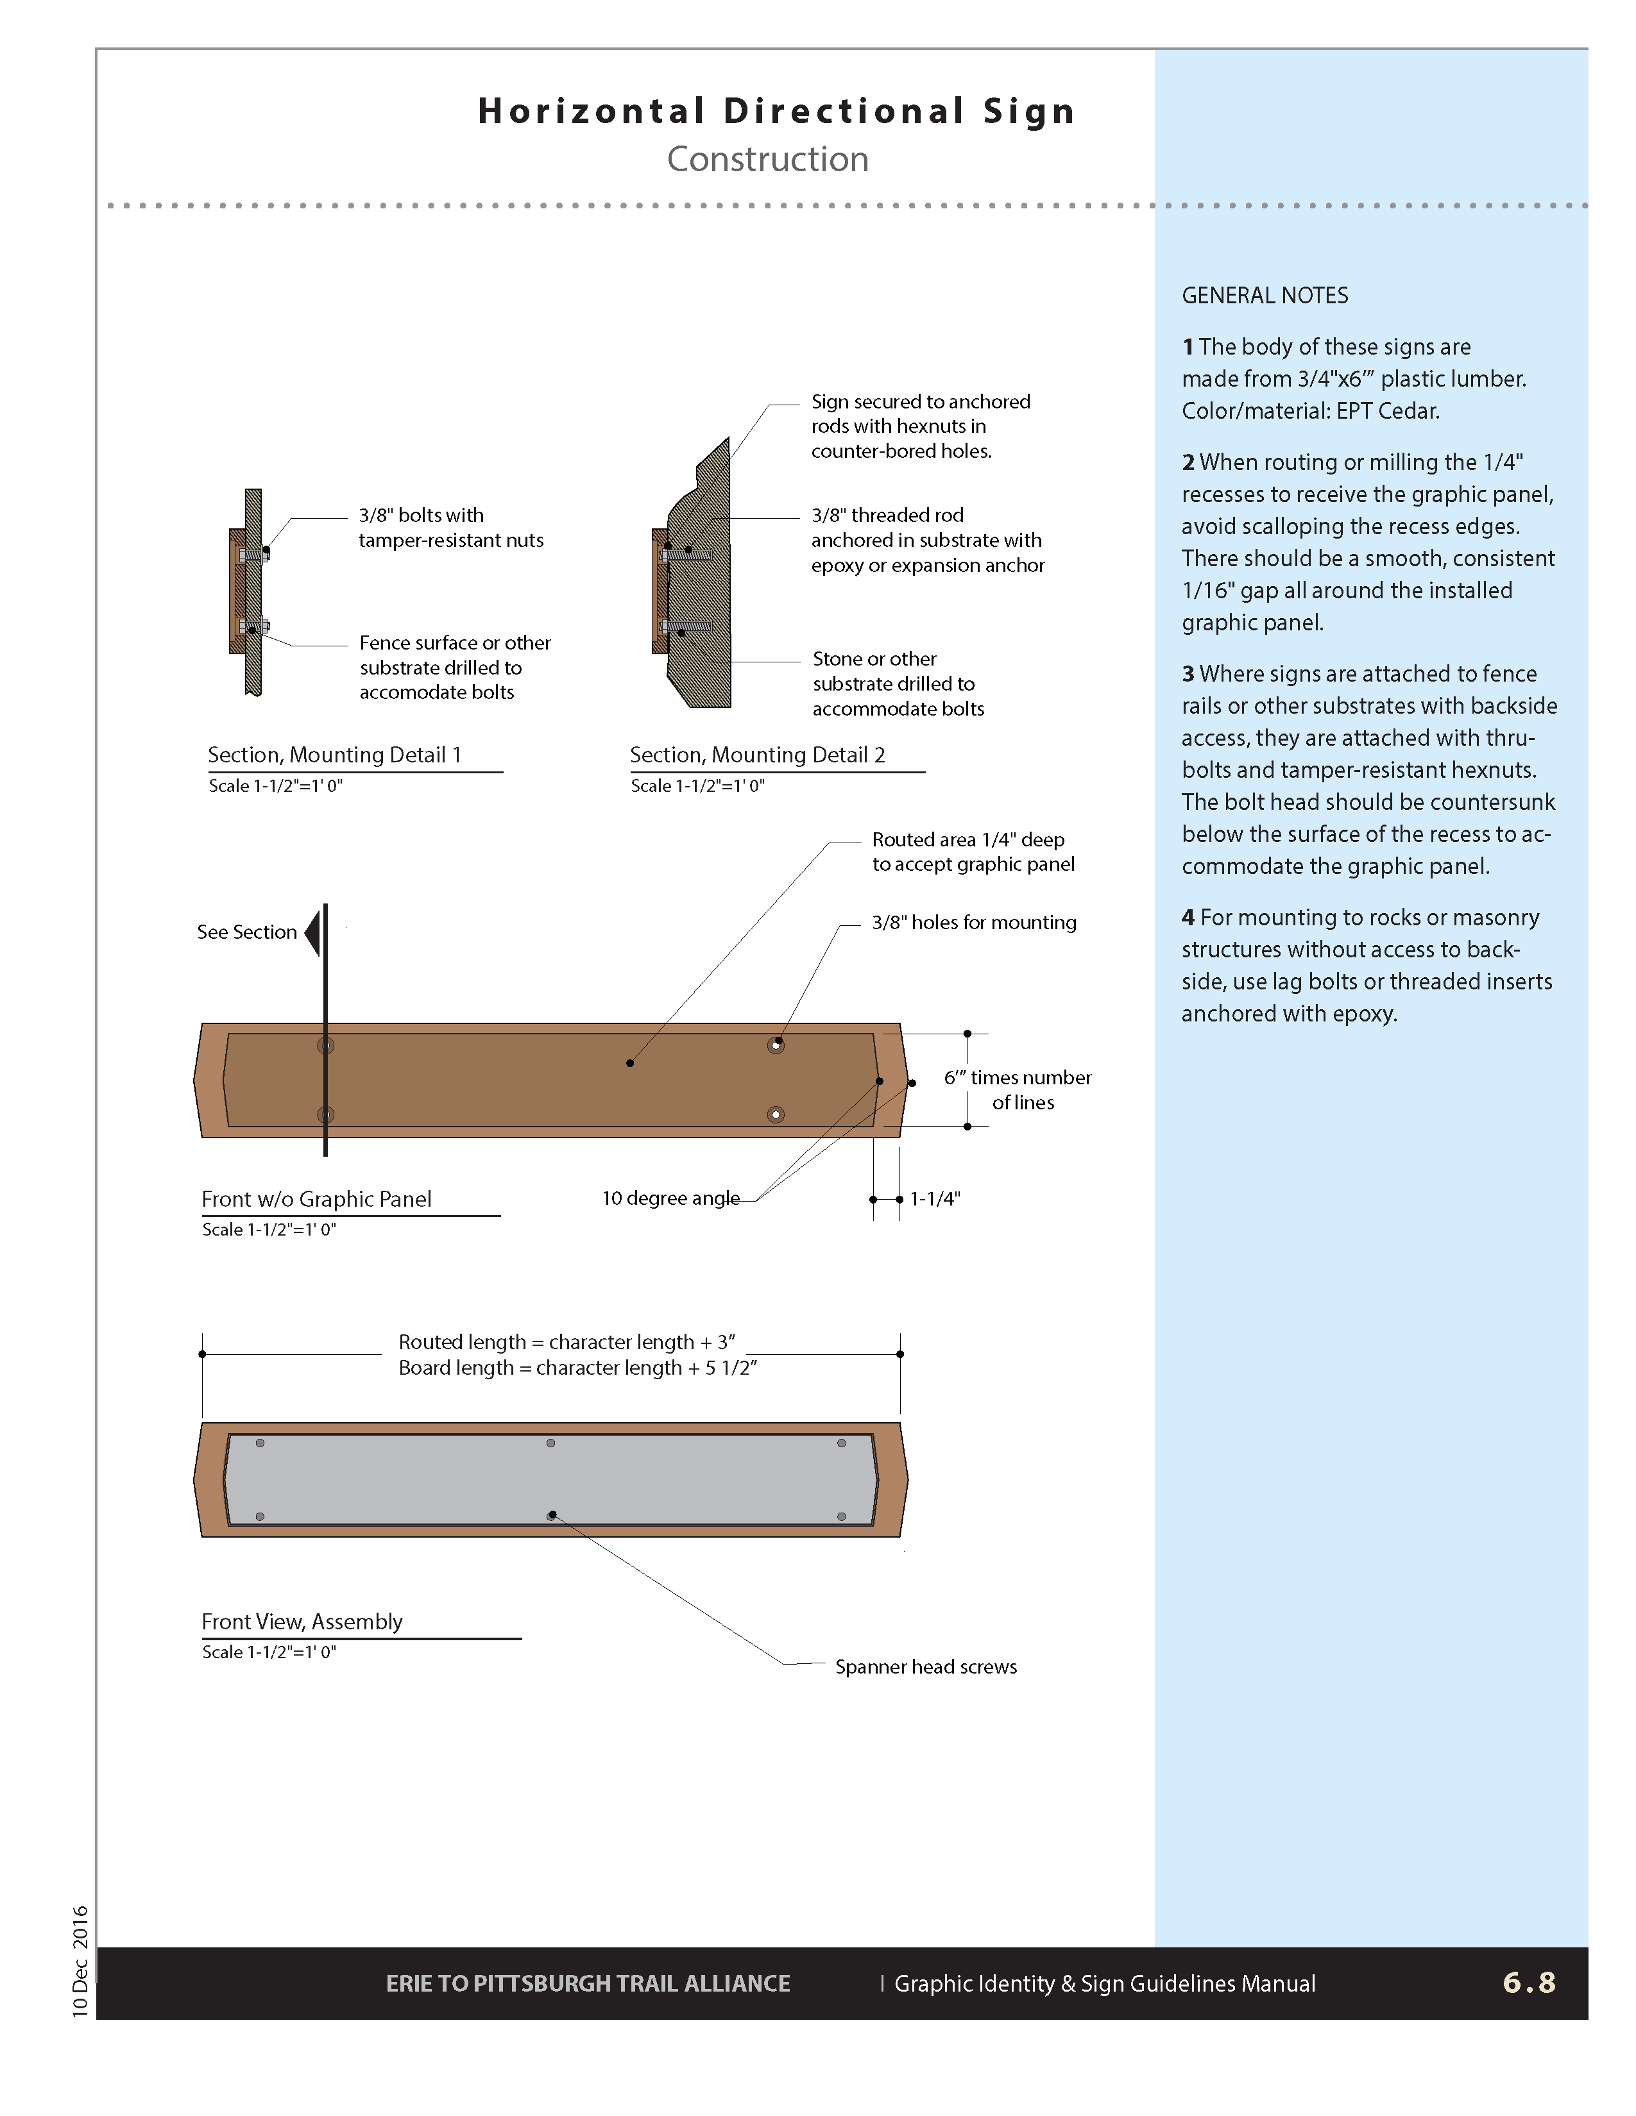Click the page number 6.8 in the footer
1528,1982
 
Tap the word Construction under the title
767,159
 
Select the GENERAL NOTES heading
1265,296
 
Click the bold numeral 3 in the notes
1188,673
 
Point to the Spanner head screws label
926,1667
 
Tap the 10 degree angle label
670,1198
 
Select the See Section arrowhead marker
313,933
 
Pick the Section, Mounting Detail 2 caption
757,755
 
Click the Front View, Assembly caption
302,1621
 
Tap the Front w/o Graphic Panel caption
316,1198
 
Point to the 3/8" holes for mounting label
974,922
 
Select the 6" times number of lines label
1018,1090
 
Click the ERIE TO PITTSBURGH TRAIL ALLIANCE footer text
588,1983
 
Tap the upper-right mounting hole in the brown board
776,1045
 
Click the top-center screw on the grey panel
550,1443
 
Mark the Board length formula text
577,1368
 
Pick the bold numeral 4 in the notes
1188,918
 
